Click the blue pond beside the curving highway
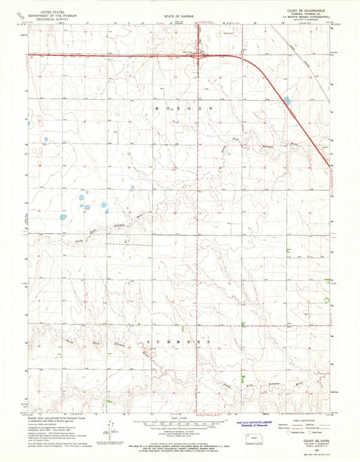coord(287,101)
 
